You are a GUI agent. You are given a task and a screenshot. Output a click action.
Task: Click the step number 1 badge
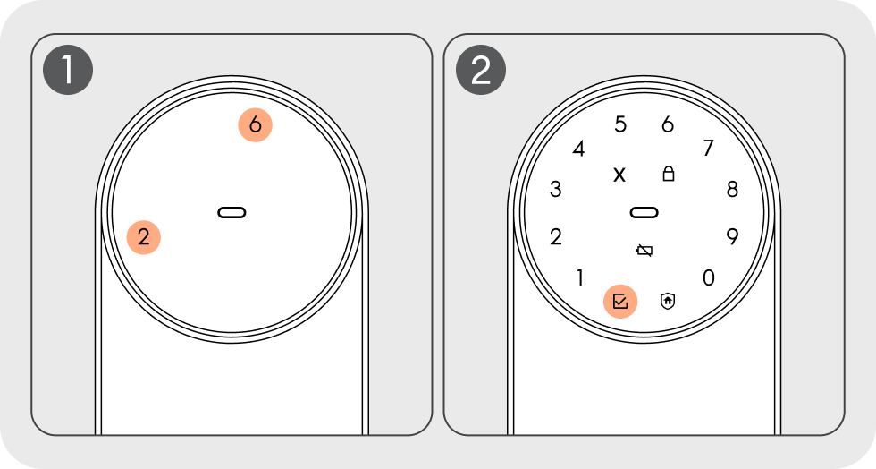(x=68, y=70)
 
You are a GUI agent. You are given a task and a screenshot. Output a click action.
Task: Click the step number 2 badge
(x=481, y=70)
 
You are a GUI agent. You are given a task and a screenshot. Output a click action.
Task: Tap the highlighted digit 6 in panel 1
(x=256, y=124)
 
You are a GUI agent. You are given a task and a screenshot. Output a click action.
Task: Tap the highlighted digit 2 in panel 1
(x=144, y=237)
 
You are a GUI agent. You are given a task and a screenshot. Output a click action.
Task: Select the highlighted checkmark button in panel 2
(x=620, y=302)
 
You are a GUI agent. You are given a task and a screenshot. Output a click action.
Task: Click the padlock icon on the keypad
(x=669, y=174)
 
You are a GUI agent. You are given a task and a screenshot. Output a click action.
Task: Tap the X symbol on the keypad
(x=619, y=175)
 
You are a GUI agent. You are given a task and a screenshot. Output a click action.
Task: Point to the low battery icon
(x=644, y=251)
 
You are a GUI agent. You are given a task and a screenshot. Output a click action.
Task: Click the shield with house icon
(x=668, y=301)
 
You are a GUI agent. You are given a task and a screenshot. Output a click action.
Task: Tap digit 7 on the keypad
(x=708, y=148)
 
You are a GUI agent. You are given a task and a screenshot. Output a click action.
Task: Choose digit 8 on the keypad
(x=732, y=189)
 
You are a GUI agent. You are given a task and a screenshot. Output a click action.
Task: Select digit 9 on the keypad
(x=732, y=237)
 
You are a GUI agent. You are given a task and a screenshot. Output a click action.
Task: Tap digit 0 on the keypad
(x=708, y=277)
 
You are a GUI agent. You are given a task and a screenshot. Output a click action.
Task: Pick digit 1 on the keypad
(x=580, y=277)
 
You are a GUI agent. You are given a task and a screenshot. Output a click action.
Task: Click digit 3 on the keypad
(x=555, y=189)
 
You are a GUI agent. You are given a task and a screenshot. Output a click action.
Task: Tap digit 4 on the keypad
(x=579, y=149)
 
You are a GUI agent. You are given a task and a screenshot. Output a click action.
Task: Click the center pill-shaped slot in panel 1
(x=232, y=213)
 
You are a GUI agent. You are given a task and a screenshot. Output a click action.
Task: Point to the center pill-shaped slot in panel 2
(x=644, y=213)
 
